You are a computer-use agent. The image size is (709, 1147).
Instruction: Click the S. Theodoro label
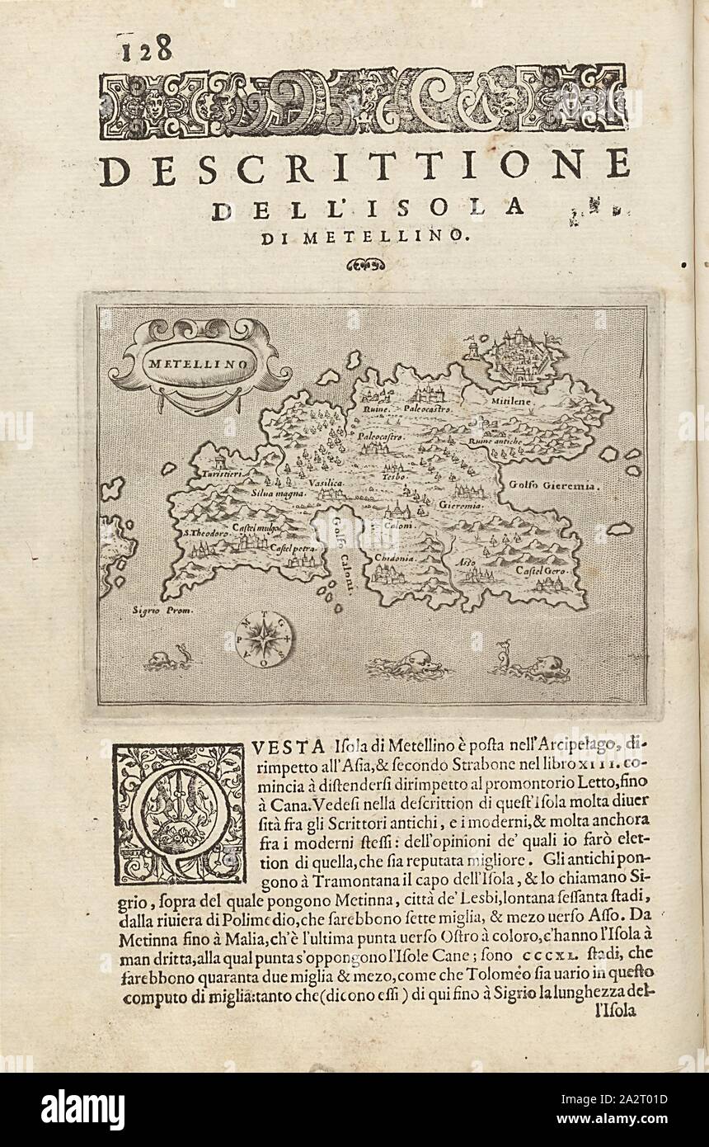[204, 534]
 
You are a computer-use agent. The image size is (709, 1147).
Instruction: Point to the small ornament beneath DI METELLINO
[365, 265]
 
